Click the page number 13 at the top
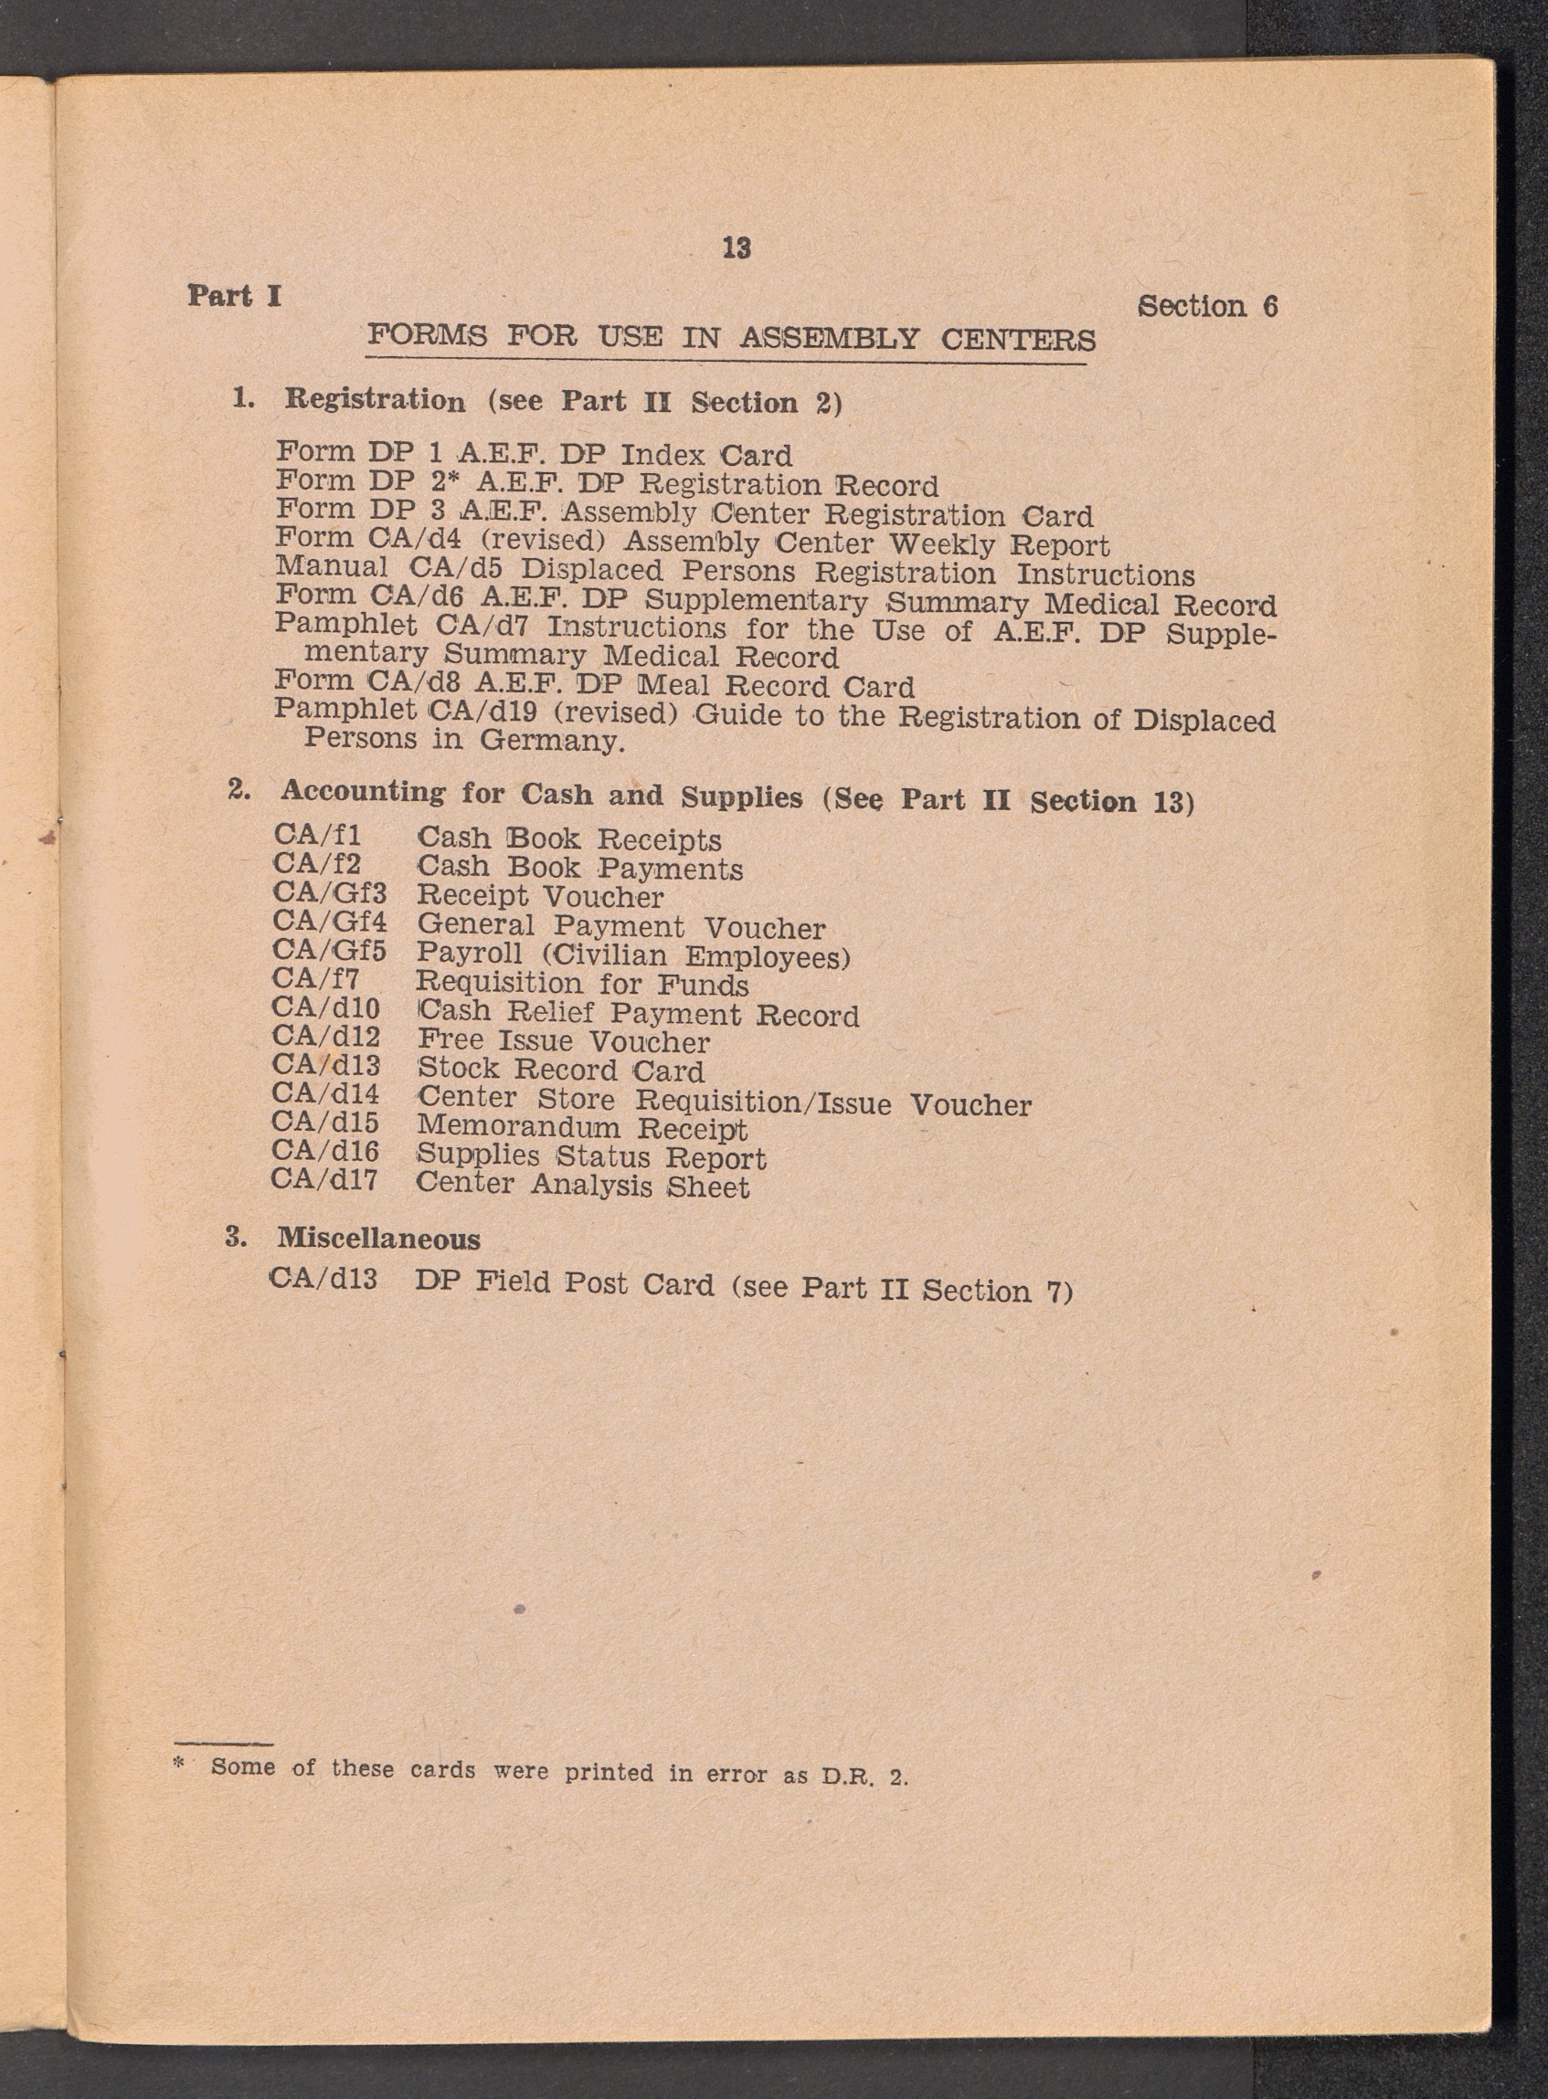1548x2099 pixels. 737,248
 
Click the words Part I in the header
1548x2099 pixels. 234,296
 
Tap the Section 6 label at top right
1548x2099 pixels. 1207,306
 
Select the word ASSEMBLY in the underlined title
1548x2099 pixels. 828,337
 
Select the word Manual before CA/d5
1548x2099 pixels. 331,566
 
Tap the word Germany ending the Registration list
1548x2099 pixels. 552,741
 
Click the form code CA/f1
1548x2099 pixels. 318,834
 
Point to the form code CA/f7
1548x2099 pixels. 316,980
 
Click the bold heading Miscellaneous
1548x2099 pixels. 378,1239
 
